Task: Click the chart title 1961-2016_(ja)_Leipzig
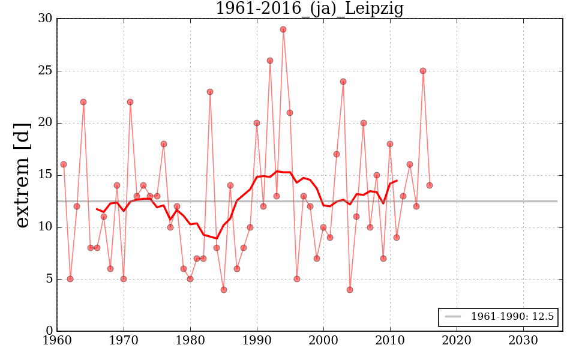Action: [309, 9]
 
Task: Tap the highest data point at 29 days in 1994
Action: [283, 29]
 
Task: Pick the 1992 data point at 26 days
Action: [270, 61]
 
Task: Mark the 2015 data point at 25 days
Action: [423, 71]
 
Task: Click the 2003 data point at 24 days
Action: [343, 82]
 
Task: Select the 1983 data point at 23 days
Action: [210, 92]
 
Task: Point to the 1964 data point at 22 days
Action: [83, 102]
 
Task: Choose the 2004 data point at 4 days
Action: [350, 290]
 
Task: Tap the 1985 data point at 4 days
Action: [223, 290]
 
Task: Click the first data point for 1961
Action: [64, 164]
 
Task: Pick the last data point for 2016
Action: [430, 185]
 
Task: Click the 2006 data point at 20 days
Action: [363, 123]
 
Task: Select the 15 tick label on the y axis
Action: [44, 175]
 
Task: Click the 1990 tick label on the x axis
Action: [257, 340]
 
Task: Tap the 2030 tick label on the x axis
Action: [523, 340]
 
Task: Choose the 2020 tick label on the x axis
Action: [457, 340]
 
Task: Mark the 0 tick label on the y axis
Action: [48, 331]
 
